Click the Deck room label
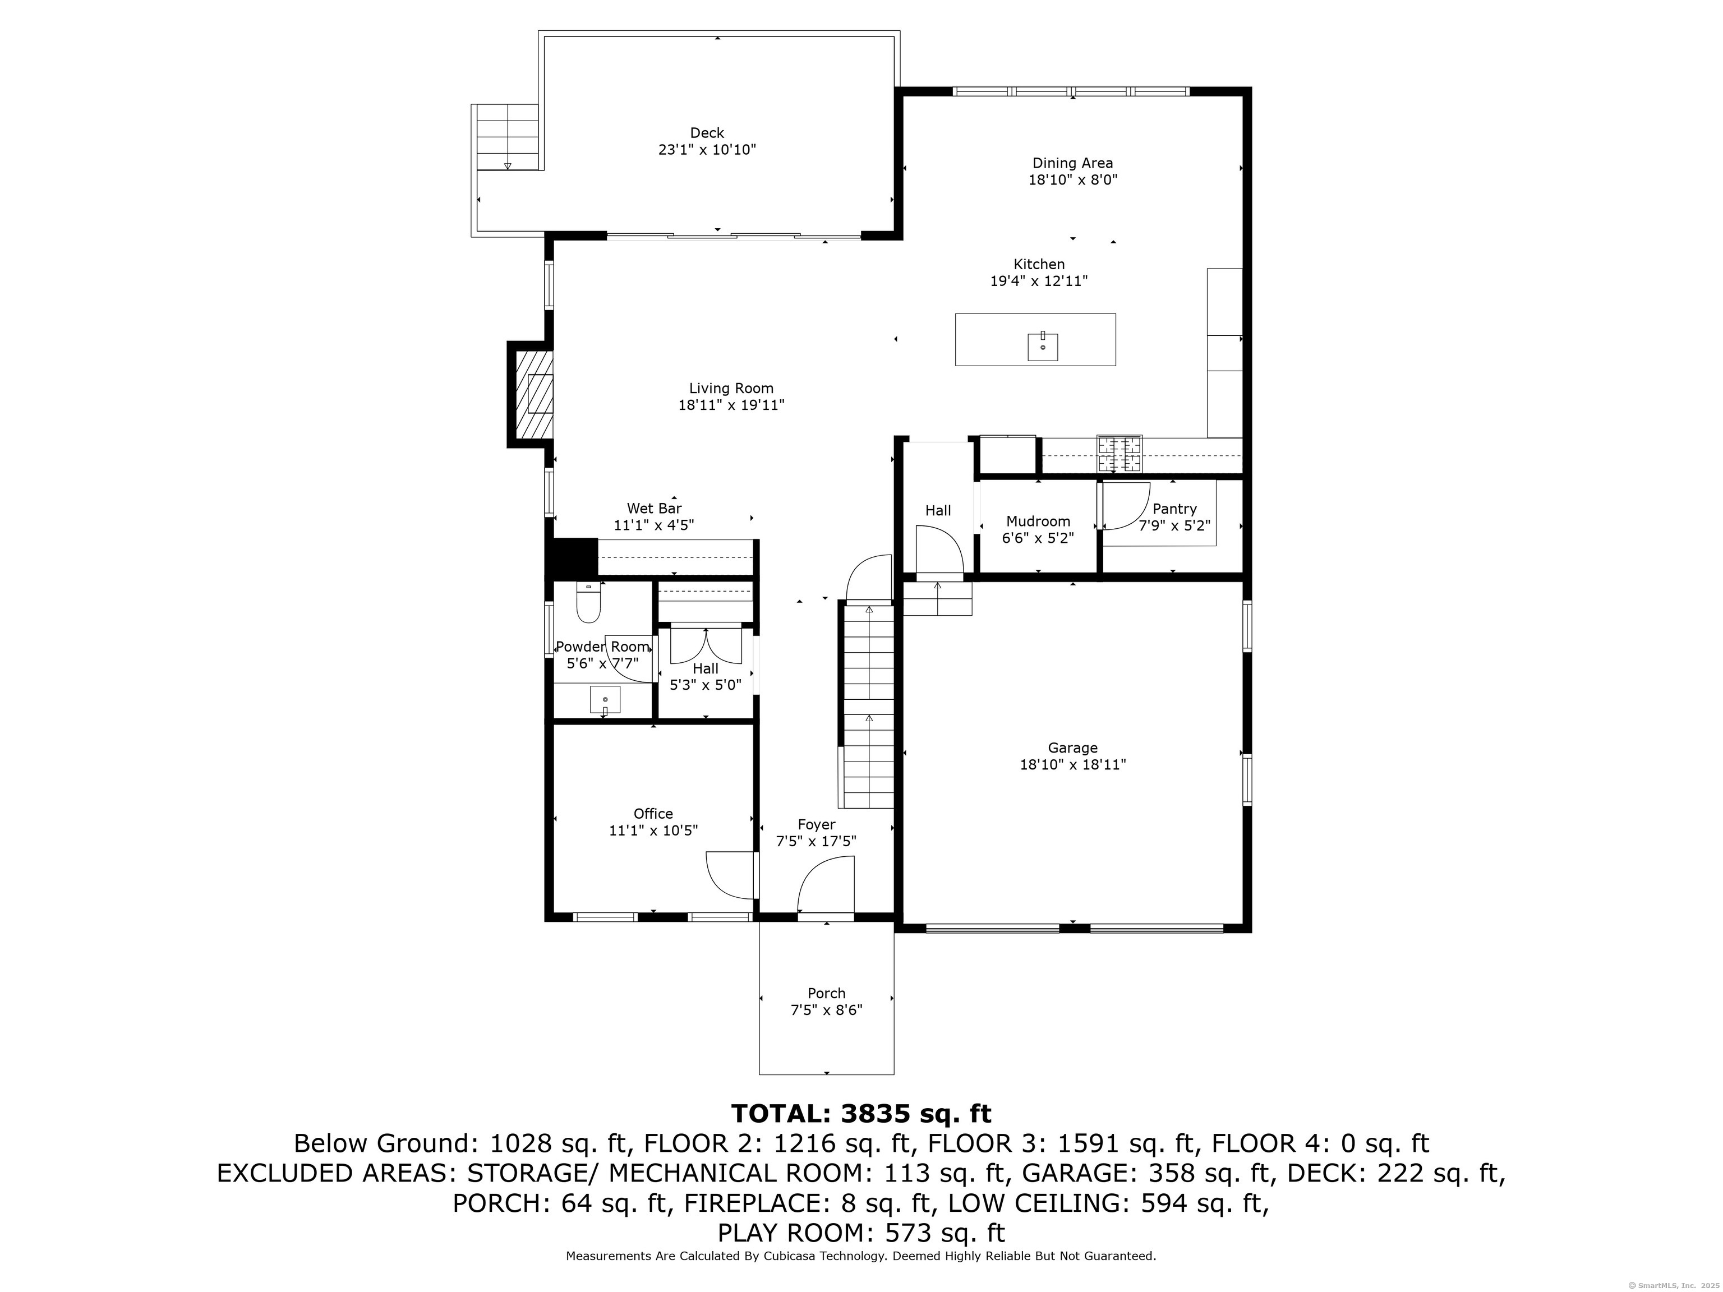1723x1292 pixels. coord(707,133)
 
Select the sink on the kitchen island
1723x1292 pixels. coord(1042,347)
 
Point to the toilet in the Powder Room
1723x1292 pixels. coord(588,603)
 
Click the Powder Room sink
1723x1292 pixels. coord(605,699)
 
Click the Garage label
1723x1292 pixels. coord(1072,747)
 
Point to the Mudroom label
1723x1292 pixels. coord(1038,521)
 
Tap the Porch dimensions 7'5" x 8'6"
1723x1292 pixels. coord(827,1010)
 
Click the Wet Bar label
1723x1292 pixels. coord(655,509)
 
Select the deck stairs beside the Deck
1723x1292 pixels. coord(507,137)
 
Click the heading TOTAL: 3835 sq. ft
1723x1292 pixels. coord(861,1114)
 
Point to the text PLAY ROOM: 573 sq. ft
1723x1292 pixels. coord(861,1233)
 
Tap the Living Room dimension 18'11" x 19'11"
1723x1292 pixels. coord(731,405)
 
